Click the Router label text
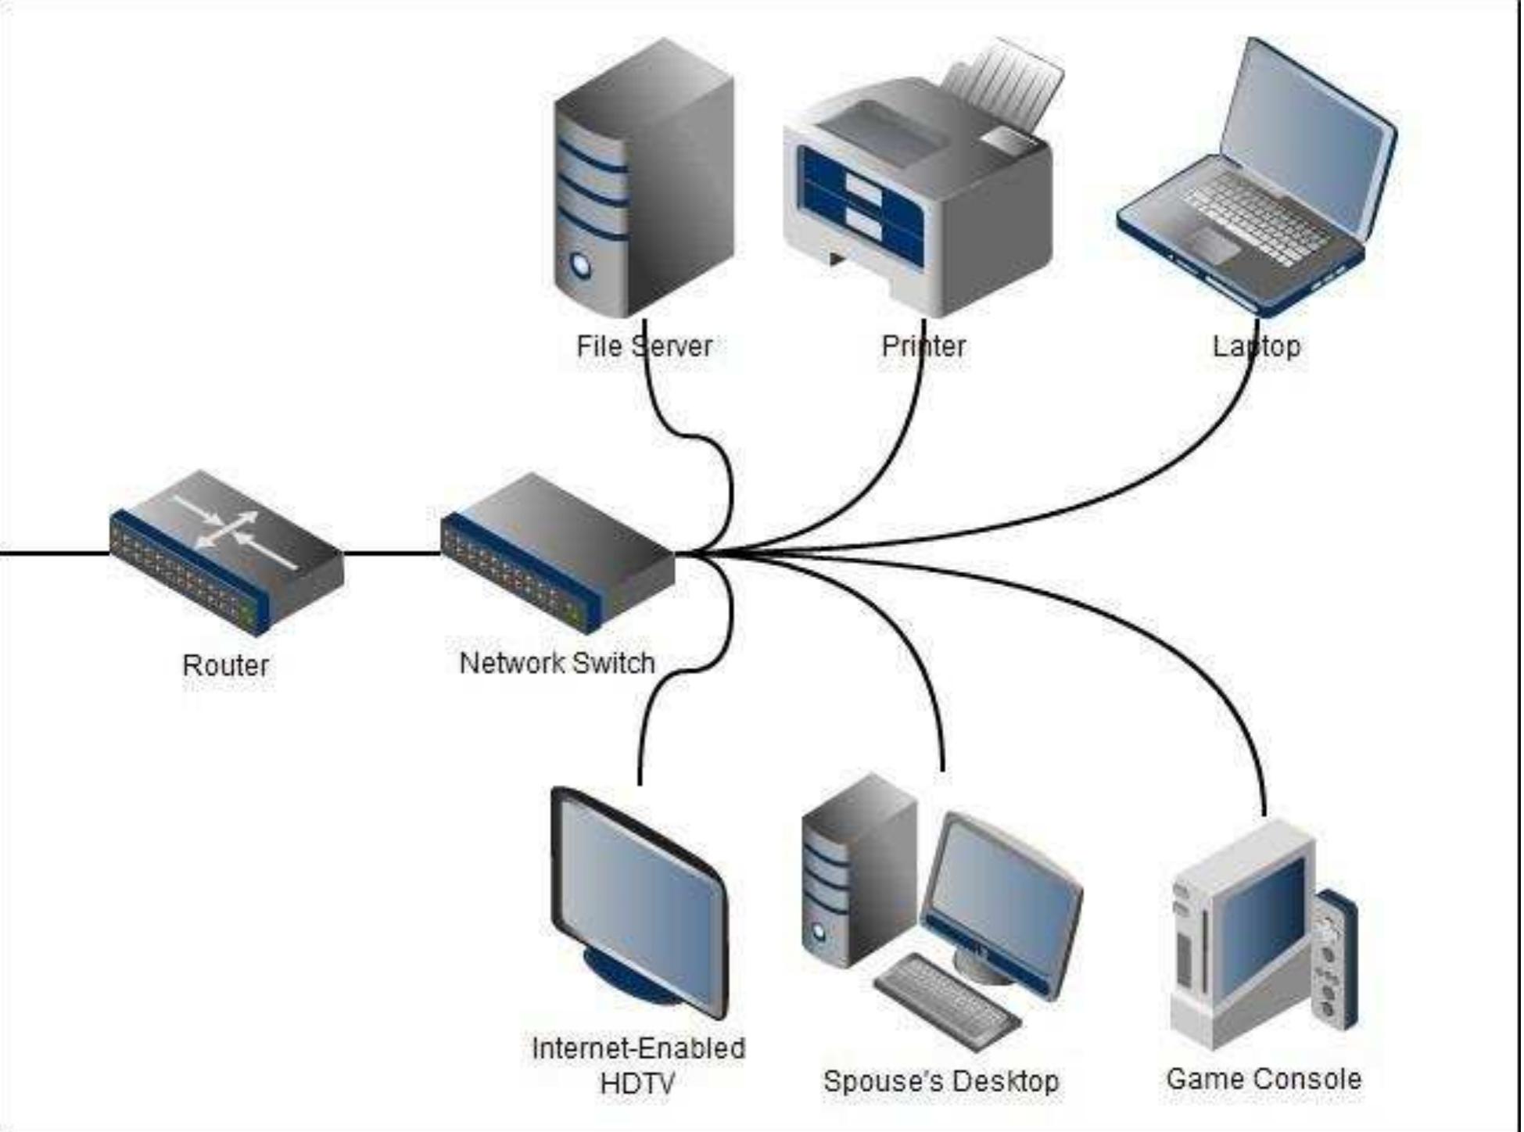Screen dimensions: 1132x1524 pos(225,665)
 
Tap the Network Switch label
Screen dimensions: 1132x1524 pos(557,663)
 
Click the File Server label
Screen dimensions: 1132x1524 pos(644,346)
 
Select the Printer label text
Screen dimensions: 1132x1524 pos(923,346)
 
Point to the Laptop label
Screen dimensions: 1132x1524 pos(1256,346)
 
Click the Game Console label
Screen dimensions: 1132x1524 pos(1263,1079)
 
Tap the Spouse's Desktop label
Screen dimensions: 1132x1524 pos(941,1081)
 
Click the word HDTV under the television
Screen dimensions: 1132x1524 pos(636,1084)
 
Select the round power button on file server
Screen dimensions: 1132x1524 pos(581,266)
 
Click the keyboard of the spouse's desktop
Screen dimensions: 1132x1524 pos(946,1001)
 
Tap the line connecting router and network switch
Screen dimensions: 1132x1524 pos(391,553)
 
